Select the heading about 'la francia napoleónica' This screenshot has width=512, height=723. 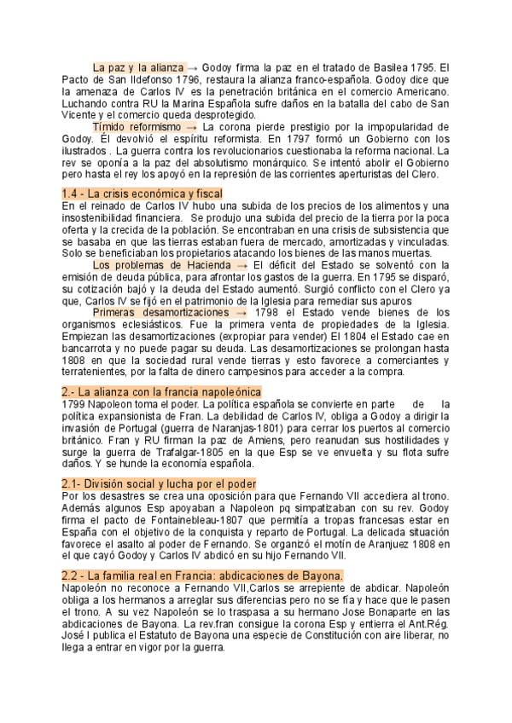(161, 391)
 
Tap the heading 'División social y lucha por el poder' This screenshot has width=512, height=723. (159, 483)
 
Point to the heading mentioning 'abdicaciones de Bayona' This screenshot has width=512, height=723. (202, 552)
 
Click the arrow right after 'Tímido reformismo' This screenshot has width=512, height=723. (195, 126)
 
